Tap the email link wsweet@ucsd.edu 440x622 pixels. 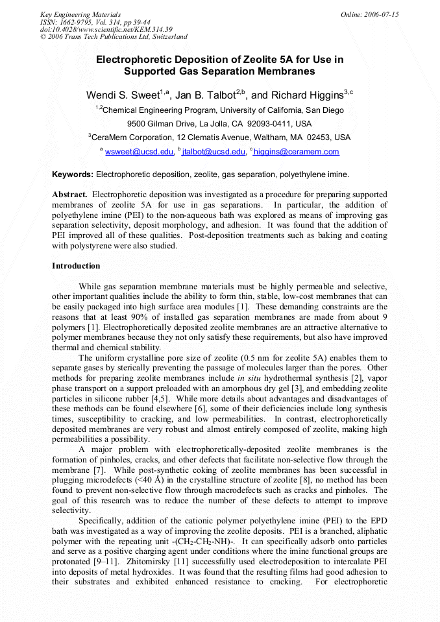[139, 152]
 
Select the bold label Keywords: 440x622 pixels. [73, 174]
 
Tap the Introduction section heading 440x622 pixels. [76, 266]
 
